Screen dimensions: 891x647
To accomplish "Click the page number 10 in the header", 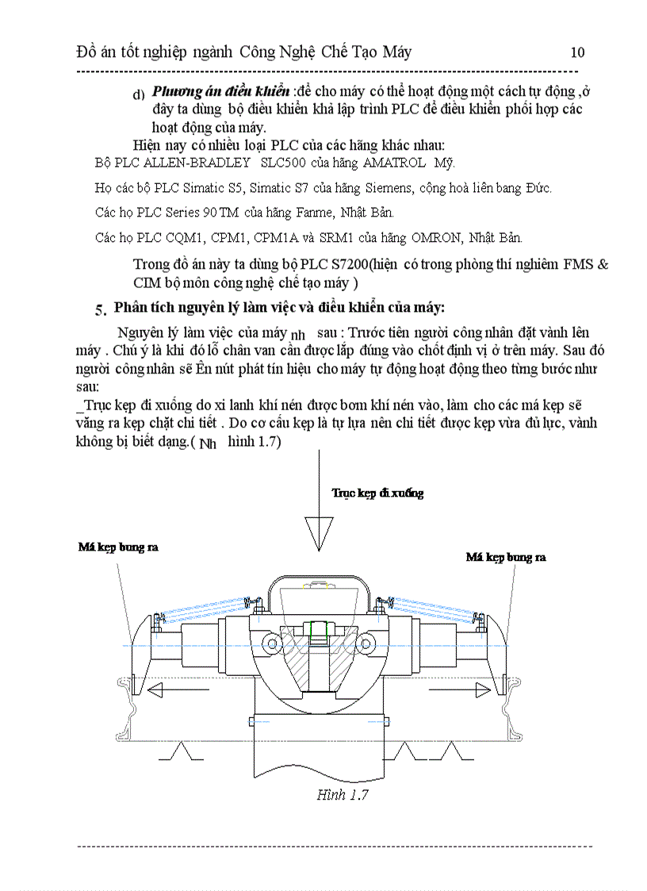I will click(x=577, y=52).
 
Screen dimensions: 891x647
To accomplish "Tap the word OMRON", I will click(x=435, y=237).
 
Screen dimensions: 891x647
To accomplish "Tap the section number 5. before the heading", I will click(x=101, y=309).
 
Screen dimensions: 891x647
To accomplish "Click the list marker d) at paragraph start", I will click(x=139, y=94).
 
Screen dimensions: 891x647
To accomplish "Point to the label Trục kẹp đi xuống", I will click(x=377, y=493).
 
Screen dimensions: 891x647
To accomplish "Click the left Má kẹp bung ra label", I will click(x=117, y=547).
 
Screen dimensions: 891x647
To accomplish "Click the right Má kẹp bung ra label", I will click(x=505, y=558).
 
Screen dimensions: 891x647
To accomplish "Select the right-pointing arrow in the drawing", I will click(x=460, y=689).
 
